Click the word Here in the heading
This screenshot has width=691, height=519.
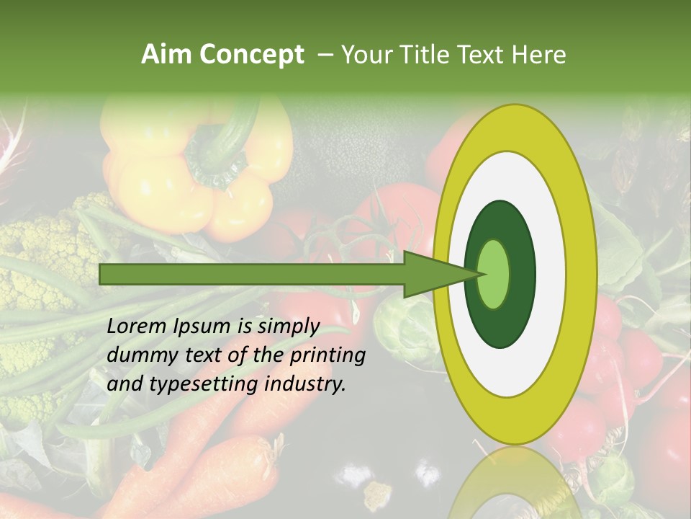pyautogui.click(x=539, y=55)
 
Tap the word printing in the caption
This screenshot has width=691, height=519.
pyautogui.click(x=328, y=355)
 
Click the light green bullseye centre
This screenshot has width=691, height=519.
pyautogui.click(x=494, y=275)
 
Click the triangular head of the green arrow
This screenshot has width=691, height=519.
pyautogui.click(x=432, y=275)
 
